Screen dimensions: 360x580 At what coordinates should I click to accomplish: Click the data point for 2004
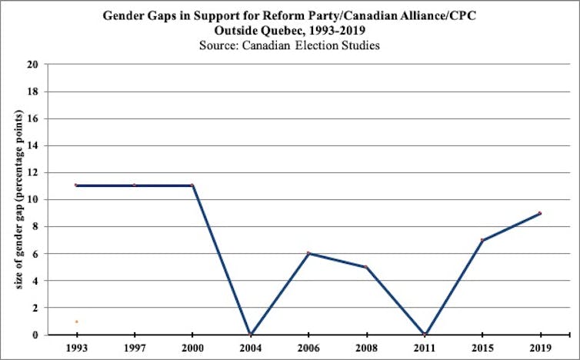click(x=250, y=335)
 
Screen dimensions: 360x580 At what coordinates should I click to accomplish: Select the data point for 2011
click(x=424, y=335)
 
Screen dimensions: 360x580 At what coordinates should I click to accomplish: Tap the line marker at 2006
click(x=308, y=253)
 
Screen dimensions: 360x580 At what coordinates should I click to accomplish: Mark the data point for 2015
click(x=482, y=240)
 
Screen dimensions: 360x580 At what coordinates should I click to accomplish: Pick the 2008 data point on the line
click(x=365, y=267)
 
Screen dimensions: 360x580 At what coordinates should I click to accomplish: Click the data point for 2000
click(x=192, y=185)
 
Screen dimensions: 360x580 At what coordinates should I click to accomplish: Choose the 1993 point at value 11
click(x=76, y=185)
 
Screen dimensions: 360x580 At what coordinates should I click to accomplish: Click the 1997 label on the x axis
click(x=134, y=348)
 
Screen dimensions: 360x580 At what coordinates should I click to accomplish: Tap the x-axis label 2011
click(x=424, y=348)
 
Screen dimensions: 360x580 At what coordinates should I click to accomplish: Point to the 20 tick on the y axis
click(x=33, y=65)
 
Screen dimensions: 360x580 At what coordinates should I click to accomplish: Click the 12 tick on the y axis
click(x=33, y=172)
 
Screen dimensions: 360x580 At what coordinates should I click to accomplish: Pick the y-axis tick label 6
click(x=35, y=254)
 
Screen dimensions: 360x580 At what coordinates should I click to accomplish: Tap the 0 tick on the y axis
click(x=35, y=335)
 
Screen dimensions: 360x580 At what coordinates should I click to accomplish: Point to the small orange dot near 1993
click(x=76, y=322)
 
